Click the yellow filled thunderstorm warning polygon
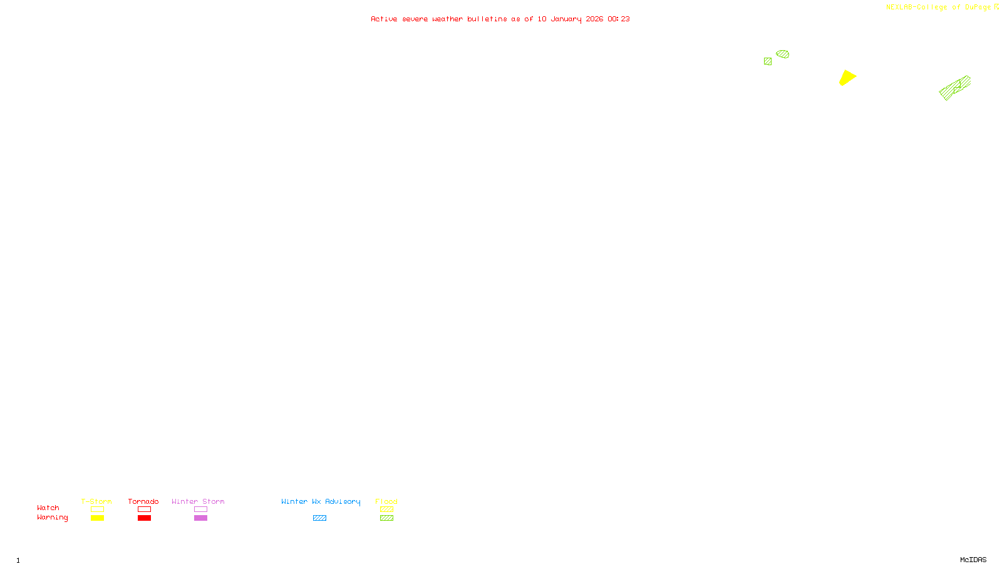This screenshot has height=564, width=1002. point(847,78)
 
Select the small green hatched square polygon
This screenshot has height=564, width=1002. point(768,61)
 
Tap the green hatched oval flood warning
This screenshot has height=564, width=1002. point(783,54)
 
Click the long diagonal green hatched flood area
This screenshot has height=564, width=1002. point(954,88)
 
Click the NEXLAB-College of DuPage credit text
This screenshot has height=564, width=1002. point(938,8)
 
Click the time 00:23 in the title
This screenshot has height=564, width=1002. point(619,19)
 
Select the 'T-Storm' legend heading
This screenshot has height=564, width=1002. point(96,501)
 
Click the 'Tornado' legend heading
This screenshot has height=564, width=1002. point(143,501)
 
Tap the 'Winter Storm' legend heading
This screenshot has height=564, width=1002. point(198,501)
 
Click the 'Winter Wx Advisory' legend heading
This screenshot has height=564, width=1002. point(321,501)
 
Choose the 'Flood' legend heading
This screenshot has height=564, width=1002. point(386,501)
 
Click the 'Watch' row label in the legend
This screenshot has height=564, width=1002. point(48,508)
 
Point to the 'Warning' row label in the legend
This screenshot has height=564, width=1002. point(52,518)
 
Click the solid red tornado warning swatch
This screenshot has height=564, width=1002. point(144,518)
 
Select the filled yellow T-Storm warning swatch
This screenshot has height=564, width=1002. point(97,518)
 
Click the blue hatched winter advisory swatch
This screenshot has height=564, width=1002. point(319,518)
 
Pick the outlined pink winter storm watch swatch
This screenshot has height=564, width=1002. point(200,509)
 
